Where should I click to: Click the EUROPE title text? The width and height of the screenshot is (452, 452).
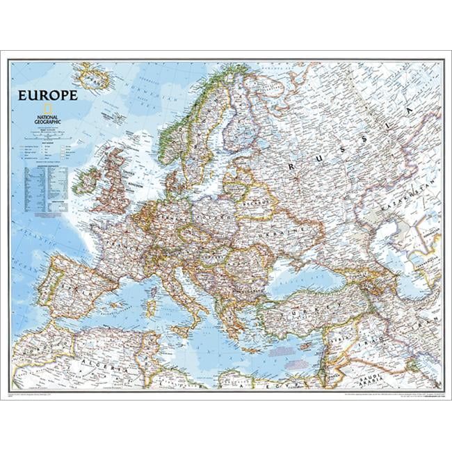pyautogui.click(x=48, y=95)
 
